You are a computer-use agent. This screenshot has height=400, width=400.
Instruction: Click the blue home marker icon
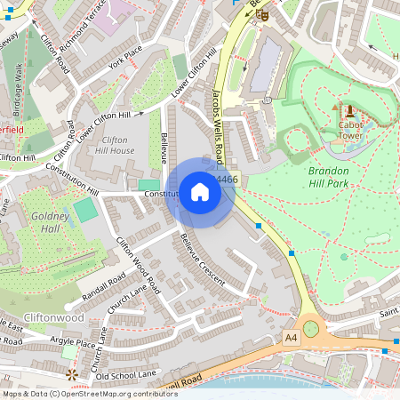pyautogui.click(x=199, y=192)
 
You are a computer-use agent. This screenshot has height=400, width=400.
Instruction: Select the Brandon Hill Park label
pyautogui.click(x=339, y=177)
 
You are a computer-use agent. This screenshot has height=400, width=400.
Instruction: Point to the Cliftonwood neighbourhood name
pyautogui.click(x=54, y=317)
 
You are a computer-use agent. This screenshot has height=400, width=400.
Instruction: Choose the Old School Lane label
pyautogui.click(x=126, y=375)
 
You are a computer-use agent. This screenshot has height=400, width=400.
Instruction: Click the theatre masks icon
pyautogui.click(x=261, y=13)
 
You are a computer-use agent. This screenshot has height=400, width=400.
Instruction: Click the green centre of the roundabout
pyautogui.click(x=310, y=329)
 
